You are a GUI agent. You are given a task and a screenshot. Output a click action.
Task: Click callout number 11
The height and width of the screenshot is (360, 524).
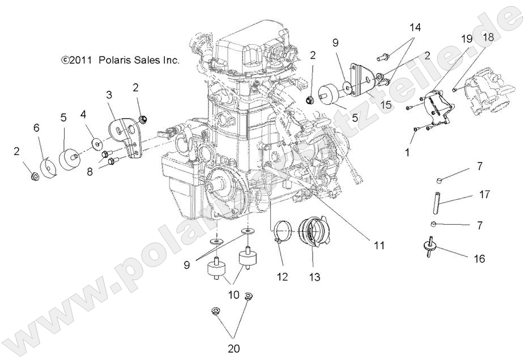click(x=378, y=246)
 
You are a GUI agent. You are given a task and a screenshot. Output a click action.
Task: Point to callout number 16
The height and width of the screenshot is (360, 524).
click(x=479, y=259)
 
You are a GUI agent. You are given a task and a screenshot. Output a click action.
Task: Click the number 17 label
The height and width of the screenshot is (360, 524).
click(x=484, y=195)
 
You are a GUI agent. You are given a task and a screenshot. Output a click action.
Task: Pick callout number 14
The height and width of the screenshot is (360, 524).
click(x=416, y=27)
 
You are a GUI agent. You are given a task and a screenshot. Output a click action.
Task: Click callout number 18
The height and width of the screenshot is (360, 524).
click(x=488, y=37)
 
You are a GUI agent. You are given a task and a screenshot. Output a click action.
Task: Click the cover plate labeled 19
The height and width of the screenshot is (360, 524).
click(x=437, y=109)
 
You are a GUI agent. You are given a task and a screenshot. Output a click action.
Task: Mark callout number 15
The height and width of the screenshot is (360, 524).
click(x=402, y=104)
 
